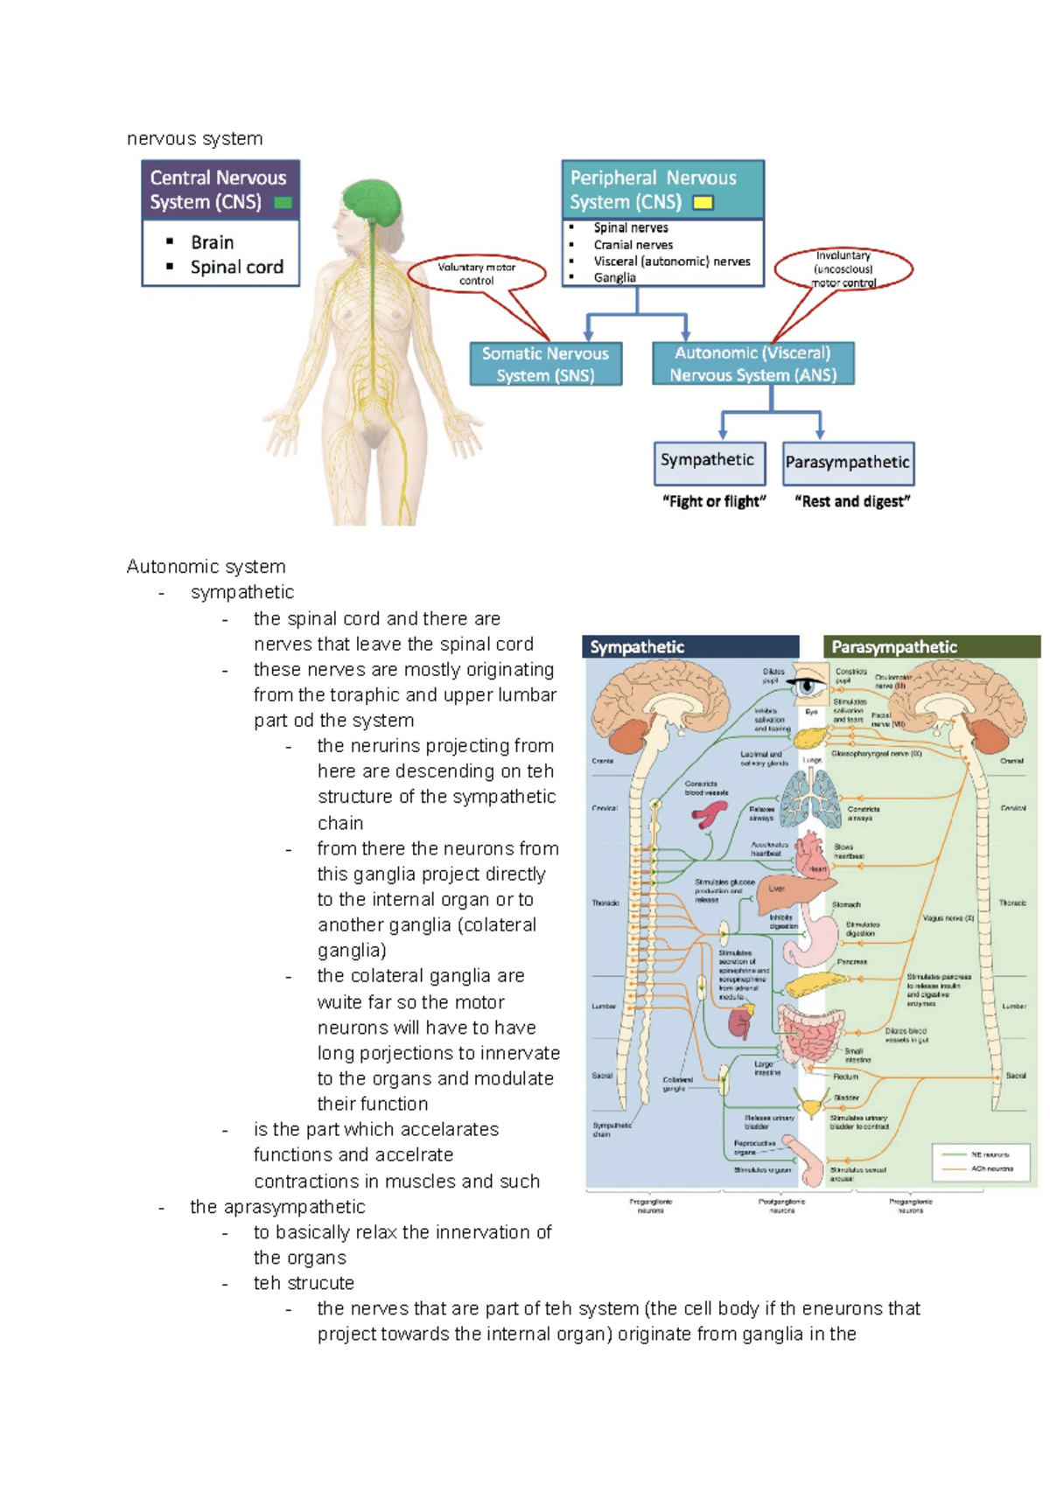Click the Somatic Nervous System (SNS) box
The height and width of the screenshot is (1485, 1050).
click(x=545, y=364)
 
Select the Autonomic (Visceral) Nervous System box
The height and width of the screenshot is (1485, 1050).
click(x=752, y=364)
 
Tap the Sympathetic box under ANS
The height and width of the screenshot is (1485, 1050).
click(x=709, y=462)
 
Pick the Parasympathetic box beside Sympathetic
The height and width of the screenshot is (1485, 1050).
click(x=847, y=463)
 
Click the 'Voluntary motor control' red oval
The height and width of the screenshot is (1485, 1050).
click(x=477, y=274)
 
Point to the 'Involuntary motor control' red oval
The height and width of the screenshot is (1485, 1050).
click(x=843, y=268)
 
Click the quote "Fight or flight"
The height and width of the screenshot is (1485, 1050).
click(x=714, y=502)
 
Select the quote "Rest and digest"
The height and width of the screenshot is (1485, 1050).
click(x=852, y=502)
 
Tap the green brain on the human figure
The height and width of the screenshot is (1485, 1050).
click(x=373, y=201)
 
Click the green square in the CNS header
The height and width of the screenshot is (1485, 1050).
click(x=283, y=203)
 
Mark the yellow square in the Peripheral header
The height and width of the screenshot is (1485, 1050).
click(x=703, y=203)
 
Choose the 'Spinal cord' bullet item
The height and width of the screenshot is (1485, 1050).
click(x=236, y=268)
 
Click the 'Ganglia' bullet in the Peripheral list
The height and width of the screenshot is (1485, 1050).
click(x=614, y=278)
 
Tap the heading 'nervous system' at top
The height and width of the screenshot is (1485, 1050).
click(x=194, y=139)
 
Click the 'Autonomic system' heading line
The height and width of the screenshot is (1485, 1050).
click(x=206, y=567)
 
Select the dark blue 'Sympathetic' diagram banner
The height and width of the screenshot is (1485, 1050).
click(x=691, y=647)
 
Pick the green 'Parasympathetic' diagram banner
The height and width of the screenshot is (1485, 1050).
click(x=931, y=647)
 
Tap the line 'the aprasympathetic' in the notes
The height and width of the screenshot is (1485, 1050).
click(x=277, y=1207)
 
